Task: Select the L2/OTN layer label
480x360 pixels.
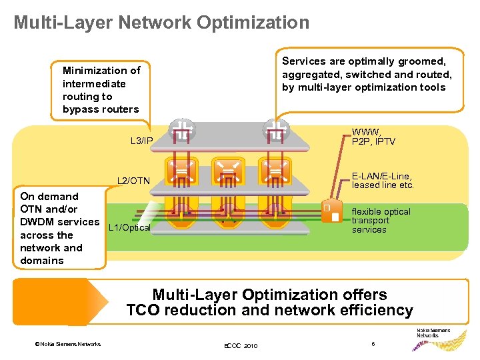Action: (133, 181)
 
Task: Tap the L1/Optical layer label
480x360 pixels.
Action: (129, 228)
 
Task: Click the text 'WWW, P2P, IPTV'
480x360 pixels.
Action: (373, 137)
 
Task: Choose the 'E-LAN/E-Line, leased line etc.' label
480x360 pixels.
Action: (383, 181)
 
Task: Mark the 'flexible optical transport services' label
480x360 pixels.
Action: (381, 221)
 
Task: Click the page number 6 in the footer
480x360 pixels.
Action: (374, 343)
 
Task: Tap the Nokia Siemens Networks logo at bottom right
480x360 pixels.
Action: (433, 333)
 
